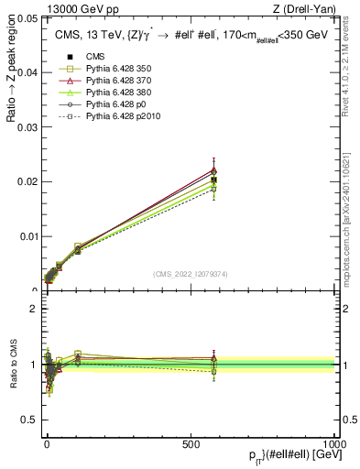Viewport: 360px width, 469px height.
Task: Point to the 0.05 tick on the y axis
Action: (x=27, y=17)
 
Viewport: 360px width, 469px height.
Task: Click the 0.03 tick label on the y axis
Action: (x=27, y=126)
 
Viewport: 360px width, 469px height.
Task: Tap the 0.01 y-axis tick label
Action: (x=27, y=236)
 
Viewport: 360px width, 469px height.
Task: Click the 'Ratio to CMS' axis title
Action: (x=13, y=365)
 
